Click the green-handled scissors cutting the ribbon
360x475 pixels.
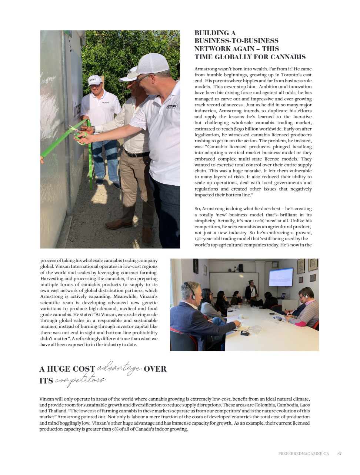(x=78, y=134)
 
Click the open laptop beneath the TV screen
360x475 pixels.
(x=283, y=296)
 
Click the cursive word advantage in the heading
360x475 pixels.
(x=119, y=368)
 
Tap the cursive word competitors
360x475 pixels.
(x=80, y=381)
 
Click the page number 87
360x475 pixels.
(x=339, y=453)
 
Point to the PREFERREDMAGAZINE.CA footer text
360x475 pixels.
(x=303, y=453)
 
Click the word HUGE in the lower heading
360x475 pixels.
(x=59, y=369)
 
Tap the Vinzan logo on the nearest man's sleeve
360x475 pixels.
(x=171, y=106)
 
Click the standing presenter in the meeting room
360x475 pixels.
(x=251, y=290)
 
